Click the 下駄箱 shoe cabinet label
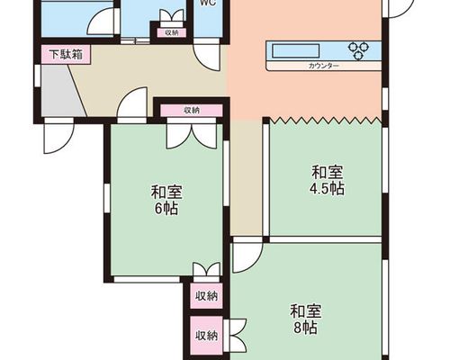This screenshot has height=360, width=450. coord(66,55)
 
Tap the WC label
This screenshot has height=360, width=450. coord(209,3)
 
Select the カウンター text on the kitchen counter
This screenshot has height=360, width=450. coord(323,66)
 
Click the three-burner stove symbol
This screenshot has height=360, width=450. coord(358,50)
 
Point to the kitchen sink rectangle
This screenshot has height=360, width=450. coord(296,50)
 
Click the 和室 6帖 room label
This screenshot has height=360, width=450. coord(166,200)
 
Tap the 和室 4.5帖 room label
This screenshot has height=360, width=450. coord(327,180)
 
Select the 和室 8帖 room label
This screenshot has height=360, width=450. coord(305,319)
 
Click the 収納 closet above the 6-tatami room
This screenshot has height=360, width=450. coord(192,111)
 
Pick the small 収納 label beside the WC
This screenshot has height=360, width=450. coord(172,32)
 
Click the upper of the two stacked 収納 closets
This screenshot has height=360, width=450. coord(206,296)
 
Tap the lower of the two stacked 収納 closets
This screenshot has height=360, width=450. coord(206,336)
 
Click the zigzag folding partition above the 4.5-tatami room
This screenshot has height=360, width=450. coord(326,121)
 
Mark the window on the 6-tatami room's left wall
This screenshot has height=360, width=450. coord(107,198)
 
